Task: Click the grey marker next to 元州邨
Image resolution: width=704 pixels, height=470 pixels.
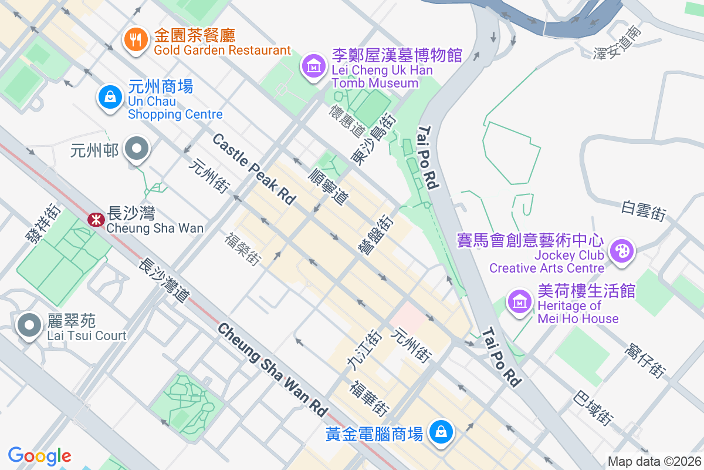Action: point(138,149)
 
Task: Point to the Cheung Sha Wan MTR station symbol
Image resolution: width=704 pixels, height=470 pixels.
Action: point(93,220)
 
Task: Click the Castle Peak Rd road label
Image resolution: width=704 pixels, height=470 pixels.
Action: point(253,169)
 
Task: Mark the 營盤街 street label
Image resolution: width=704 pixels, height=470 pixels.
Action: point(376,234)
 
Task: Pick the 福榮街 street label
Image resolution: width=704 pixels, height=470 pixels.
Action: point(242,249)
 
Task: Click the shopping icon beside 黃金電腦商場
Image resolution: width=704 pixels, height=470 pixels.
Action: point(440,432)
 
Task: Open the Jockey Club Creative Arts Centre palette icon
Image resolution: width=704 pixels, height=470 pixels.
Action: point(621,251)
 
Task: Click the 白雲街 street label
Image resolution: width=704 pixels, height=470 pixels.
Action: point(644,210)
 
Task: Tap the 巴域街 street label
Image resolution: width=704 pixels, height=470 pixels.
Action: point(594,407)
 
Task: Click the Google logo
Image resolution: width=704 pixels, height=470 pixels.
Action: point(40,455)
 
